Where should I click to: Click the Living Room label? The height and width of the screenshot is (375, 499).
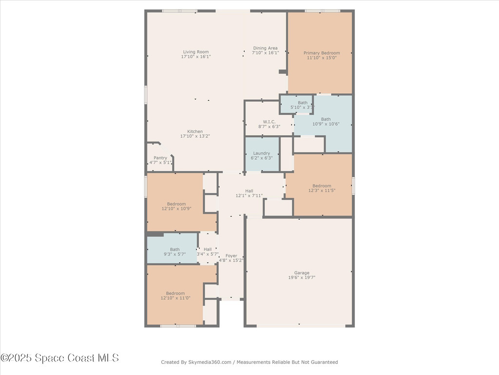196,52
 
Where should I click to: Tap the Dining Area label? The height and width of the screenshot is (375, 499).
265,48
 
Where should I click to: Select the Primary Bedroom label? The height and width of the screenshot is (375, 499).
322,53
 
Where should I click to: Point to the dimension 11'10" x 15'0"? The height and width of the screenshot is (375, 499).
322,58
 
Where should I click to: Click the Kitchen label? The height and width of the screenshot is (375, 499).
195,131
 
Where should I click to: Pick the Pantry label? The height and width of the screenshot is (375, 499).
160,158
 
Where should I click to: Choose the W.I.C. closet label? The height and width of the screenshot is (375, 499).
269,122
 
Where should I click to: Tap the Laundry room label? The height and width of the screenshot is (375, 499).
262,153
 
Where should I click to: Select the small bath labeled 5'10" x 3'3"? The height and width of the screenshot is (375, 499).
303,104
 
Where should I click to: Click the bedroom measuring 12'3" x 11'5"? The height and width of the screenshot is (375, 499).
322,188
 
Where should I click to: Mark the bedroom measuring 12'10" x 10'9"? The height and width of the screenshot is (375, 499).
176,206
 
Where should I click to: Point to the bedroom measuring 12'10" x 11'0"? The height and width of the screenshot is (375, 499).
176,295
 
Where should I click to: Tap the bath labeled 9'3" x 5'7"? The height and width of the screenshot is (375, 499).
174,252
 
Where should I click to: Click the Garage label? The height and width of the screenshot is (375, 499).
302,275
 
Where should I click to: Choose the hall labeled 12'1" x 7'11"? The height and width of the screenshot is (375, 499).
249,193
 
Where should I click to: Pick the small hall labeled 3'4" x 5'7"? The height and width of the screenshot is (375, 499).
208,251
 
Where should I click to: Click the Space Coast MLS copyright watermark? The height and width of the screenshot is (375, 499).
59,358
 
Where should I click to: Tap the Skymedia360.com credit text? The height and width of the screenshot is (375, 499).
249,362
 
